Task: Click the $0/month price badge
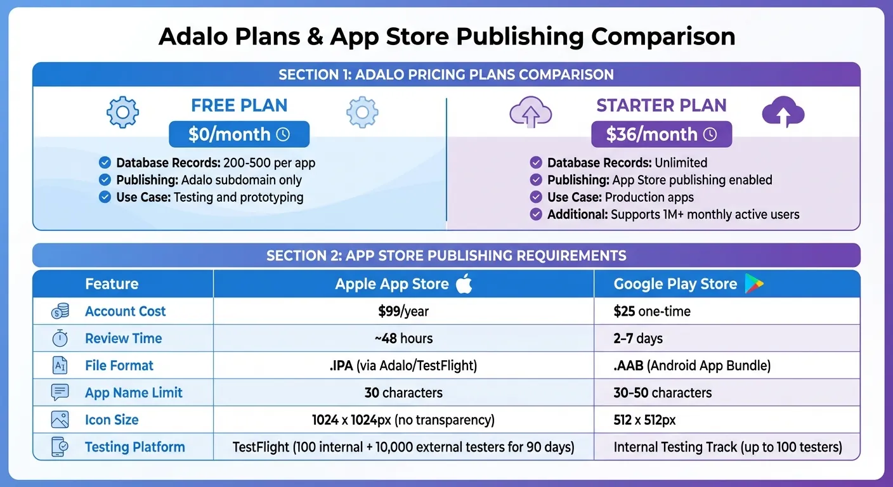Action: point(239,134)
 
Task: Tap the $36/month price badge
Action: point(661,134)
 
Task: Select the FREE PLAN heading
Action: point(239,105)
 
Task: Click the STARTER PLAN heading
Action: point(661,105)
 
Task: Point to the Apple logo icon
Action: point(464,284)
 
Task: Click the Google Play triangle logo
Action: point(753,284)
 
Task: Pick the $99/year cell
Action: point(403,311)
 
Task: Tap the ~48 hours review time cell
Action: point(403,339)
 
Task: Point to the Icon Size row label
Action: point(112,420)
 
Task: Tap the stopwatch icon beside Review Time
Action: point(60,339)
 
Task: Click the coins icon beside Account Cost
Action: point(60,311)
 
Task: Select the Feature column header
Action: point(112,284)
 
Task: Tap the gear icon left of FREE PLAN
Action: point(122,113)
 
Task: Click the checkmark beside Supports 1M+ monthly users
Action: point(536,214)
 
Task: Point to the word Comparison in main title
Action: point(663,37)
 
